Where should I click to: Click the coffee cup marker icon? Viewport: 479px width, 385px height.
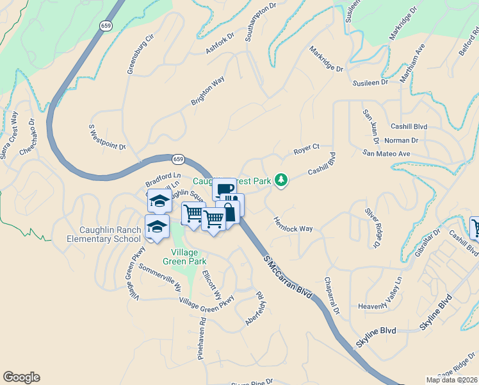point(224,189)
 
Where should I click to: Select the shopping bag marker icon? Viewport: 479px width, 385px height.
point(229,212)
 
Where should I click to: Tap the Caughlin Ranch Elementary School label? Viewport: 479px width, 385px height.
point(104,234)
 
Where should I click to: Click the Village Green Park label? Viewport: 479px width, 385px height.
point(184,257)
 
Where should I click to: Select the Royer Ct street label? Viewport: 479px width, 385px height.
point(306,150)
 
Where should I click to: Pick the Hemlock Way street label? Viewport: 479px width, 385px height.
point(293,224)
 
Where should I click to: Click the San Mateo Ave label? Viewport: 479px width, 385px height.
point(386,153)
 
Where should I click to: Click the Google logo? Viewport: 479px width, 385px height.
point(21,377)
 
